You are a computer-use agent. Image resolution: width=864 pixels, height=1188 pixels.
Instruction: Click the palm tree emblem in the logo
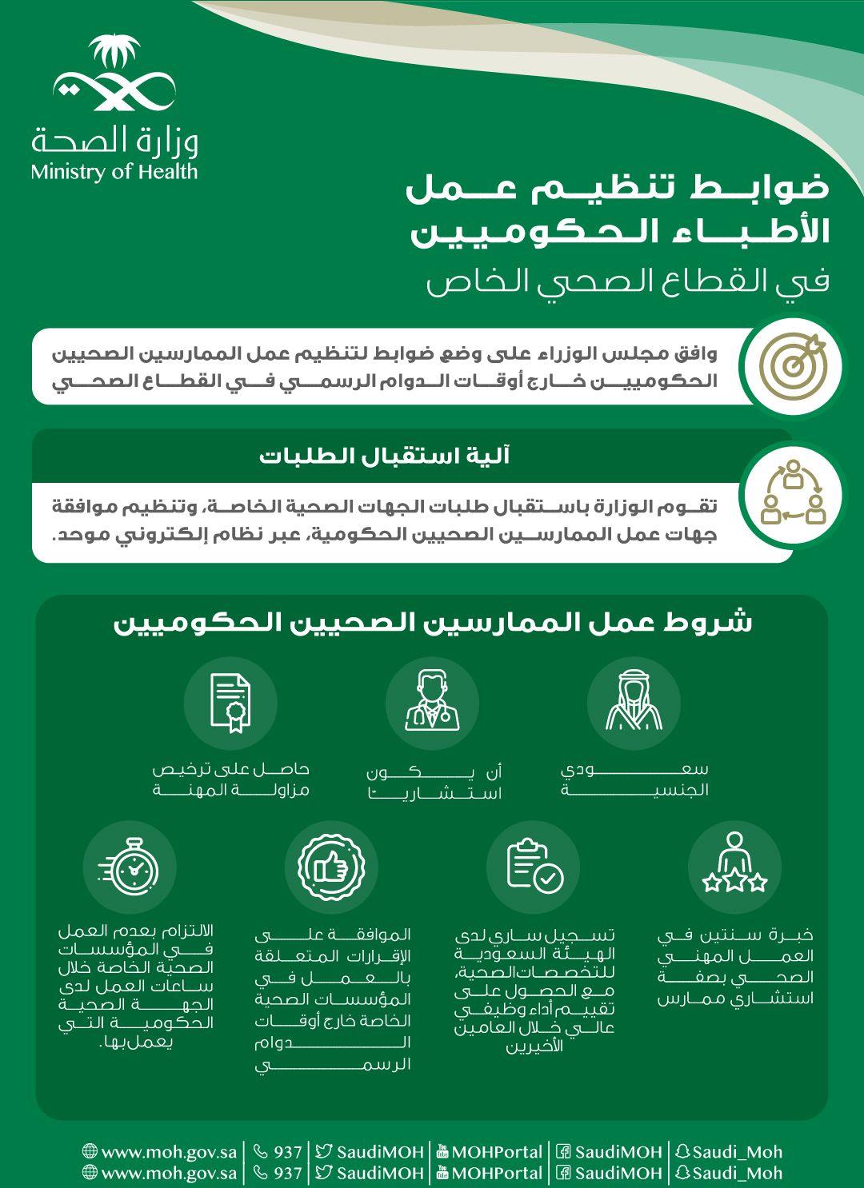tap(113, 54)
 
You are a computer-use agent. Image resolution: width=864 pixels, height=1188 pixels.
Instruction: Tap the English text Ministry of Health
tap(114, 171)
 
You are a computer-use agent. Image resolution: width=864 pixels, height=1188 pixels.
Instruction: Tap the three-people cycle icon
tap(792, 493)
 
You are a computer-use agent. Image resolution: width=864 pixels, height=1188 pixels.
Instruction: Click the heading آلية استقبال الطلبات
tap(385, 456)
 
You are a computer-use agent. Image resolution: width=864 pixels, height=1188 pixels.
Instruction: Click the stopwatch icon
tap(129, 867)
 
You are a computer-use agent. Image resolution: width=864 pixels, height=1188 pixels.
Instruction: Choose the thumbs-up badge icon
tap(331, 867)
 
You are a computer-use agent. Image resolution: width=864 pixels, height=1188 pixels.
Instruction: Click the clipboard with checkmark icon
tap(533, 867)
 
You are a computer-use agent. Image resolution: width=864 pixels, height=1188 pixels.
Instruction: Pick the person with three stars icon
tap(734, 866)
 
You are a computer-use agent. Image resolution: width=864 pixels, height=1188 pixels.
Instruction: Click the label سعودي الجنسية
tap(634, 779)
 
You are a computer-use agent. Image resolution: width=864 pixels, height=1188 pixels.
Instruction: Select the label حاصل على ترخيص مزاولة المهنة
tap(230, 779)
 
